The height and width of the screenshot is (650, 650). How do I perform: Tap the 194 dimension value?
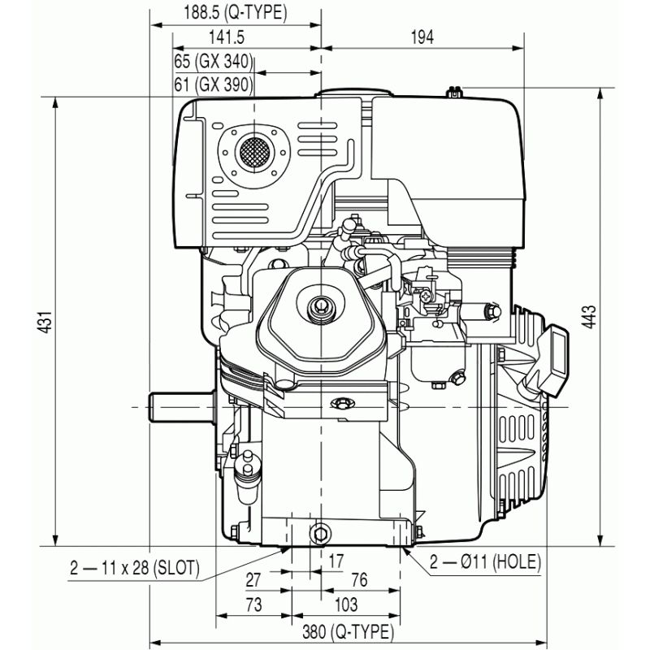(422, 37)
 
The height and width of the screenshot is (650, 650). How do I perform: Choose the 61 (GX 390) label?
(214, 84)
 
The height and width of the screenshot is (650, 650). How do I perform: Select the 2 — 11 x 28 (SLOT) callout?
(133, 568)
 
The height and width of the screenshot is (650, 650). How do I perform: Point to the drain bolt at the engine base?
(321, 533)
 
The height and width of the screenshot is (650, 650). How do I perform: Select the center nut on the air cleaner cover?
(319, 308)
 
